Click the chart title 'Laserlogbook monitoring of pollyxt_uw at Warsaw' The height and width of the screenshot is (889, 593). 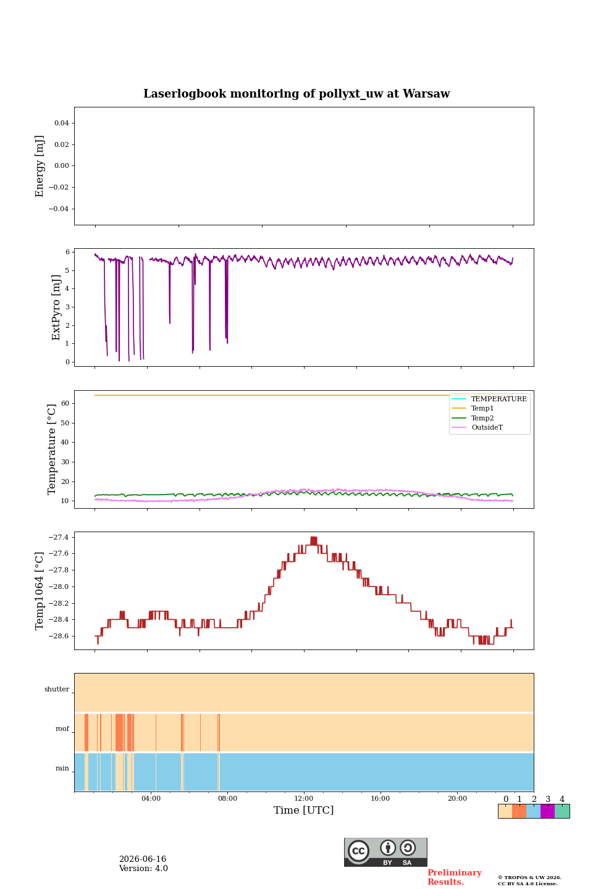pos(296,94)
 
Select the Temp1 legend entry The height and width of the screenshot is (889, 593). pos(482,409)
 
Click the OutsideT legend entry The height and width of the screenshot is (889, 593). pos(487,427)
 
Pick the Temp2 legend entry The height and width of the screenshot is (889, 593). pos(482,418)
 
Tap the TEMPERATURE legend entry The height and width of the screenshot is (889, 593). pos(498,399)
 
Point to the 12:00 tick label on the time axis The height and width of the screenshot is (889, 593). pos(303,798)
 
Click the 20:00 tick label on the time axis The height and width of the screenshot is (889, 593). pos(457,798)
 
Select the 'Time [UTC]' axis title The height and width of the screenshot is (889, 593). pos(303,810)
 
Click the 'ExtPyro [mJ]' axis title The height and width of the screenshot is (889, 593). pos(56,307)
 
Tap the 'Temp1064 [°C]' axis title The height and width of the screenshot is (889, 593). pos(39,591)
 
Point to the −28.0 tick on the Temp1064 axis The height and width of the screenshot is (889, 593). pos(59,586)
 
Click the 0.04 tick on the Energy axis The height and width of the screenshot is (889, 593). pos(62,123)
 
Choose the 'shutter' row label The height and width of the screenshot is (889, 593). pos(57,689)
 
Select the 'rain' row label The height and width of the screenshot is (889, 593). pos(62,768)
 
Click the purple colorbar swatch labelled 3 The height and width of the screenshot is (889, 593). pos(548,811)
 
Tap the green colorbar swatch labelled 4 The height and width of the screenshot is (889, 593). pos(562,811)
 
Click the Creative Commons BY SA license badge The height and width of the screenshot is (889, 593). pos(385,852)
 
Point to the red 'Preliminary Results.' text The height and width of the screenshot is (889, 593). pos(455,877)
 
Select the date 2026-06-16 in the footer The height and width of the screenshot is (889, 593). pos(143,859)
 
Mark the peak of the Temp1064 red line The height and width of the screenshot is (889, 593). pos(314,537)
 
